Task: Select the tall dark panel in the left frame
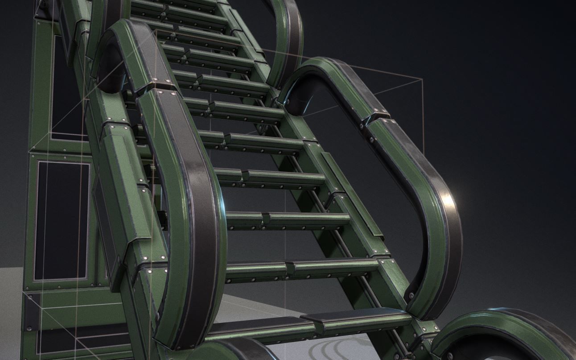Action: [62, 221]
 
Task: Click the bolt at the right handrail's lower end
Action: [411, 295]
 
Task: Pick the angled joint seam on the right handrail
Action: [376, 117]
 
